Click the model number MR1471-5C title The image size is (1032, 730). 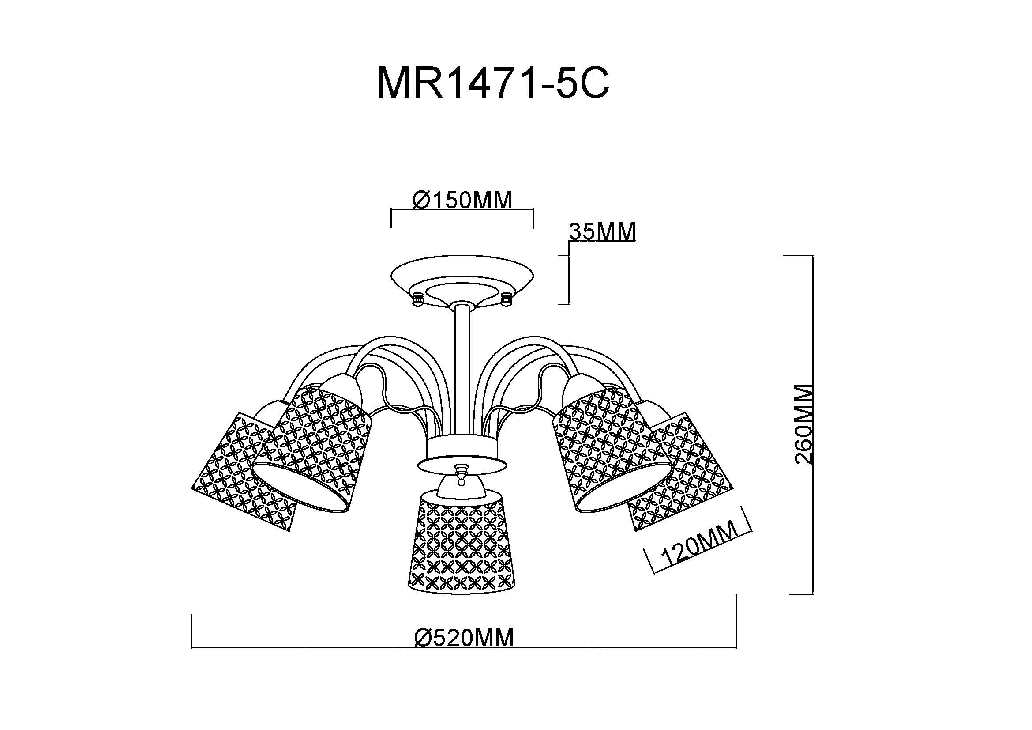pyautogui.click(x=493, y=82)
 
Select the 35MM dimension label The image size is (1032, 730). pyautogui.click(x=602, y=232)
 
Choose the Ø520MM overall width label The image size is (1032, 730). pyautogui.click(x=463, y=638)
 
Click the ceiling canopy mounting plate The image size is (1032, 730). pyautogui.click(x=462, y=283)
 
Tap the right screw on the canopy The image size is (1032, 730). pyautogui.click(x=507, y=299)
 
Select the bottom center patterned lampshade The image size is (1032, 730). pyautogui.click(x=462, y=544)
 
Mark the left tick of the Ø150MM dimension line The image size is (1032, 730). pyautogui.click(x=391, y=218)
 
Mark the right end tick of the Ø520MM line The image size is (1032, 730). pyautogui.click(x=736, y=621)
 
